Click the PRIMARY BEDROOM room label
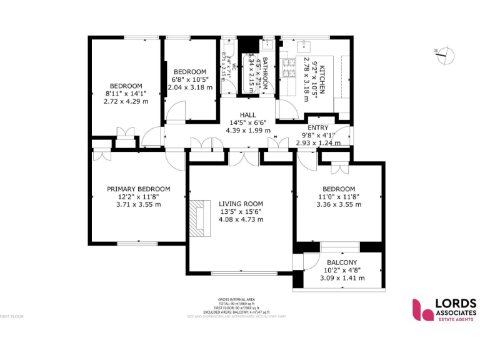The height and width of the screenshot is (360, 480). point(138,189)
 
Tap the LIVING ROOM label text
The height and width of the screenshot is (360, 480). point(241,204)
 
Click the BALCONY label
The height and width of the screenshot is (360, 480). point(342,262)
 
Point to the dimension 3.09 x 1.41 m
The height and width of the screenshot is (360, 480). point(342,278)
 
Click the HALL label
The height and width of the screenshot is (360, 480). point(248,114)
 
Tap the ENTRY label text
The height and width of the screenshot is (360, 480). point(318,127)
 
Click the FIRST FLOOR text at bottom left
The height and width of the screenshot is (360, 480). point(12,316)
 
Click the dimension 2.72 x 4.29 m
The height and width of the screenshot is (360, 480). point(126,101)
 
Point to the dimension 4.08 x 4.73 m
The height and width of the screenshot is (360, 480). point(241,219)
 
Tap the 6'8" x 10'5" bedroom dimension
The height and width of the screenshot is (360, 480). point(190,79)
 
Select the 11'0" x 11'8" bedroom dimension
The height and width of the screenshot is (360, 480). point(338,196)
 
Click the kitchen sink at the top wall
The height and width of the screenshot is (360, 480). point(306,45)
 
